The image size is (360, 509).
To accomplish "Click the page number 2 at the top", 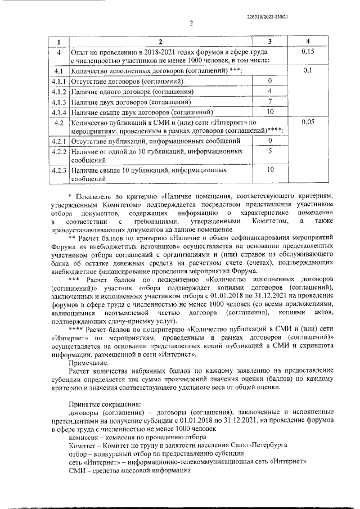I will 191,24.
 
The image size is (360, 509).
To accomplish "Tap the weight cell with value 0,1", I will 307,71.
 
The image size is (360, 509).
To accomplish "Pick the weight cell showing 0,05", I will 307,121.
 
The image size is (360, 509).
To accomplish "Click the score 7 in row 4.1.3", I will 270,101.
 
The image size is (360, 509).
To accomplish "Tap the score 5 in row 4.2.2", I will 270,151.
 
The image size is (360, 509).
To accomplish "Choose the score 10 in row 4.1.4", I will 270,111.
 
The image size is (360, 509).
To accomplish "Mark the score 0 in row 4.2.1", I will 270,140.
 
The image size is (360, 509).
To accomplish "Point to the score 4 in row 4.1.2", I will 270,91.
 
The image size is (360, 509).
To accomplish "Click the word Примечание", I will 91,363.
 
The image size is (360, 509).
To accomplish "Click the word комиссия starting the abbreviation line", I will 84,437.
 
